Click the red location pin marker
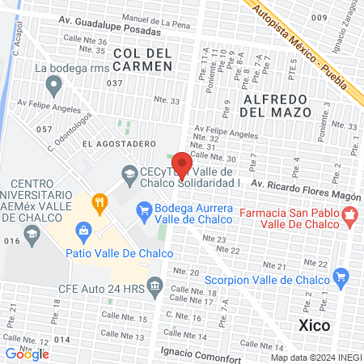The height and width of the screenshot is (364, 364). (183, 164)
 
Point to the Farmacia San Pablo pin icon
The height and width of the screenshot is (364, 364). (350, 215)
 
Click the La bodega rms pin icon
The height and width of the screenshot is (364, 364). (54, 83)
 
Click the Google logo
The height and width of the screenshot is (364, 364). (27, 353)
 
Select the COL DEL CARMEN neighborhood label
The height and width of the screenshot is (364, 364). (142, 59)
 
